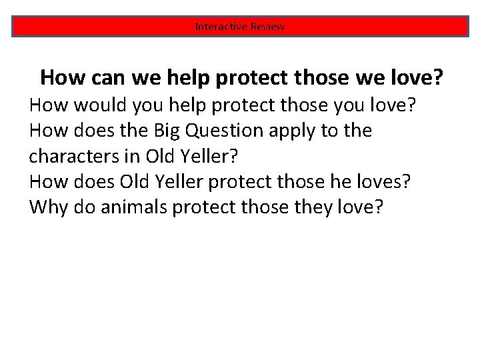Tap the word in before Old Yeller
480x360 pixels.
(x=125, y=156)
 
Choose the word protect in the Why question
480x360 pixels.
(x=207, y=207)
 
